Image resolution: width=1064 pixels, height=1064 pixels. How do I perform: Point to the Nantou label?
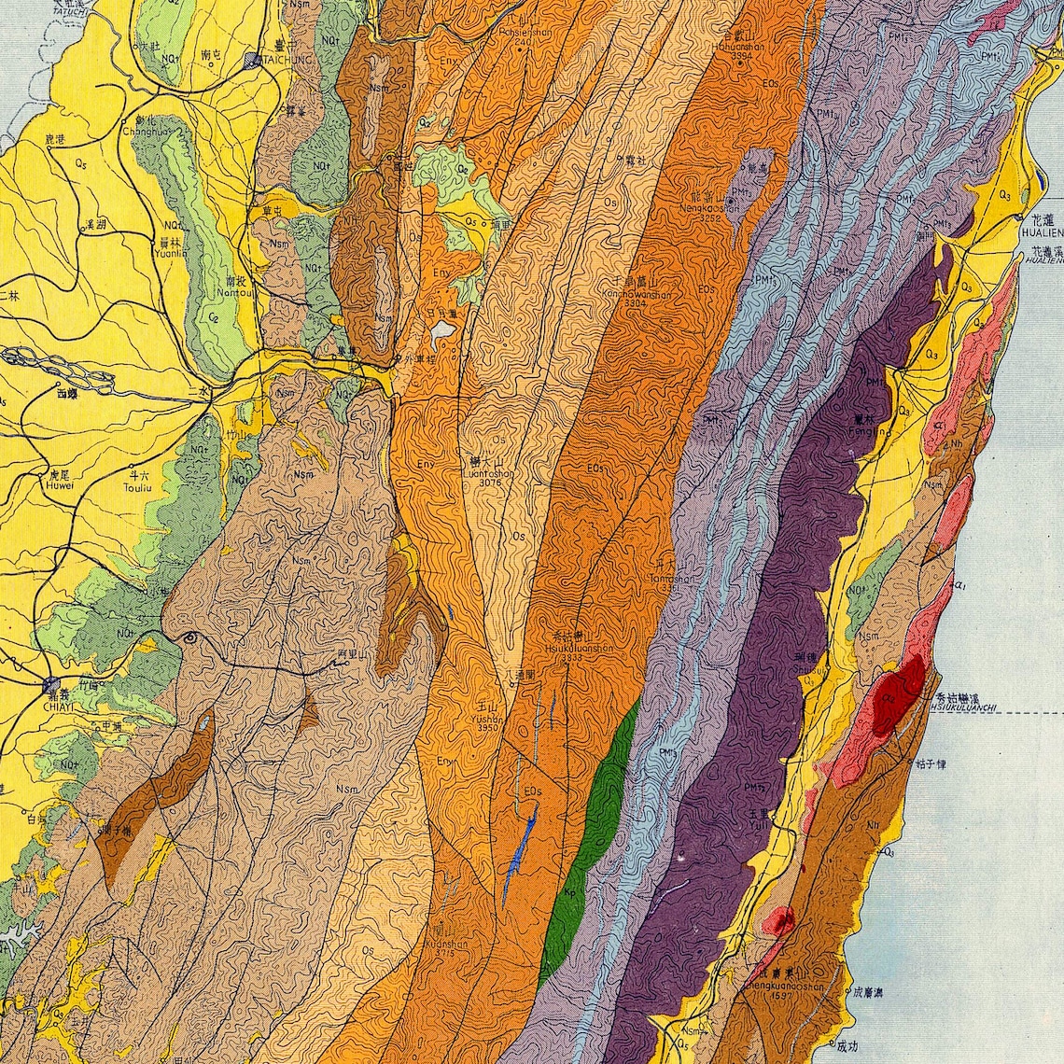tap(229, 291)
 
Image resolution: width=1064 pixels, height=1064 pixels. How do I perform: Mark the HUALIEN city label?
tap(1040, 231)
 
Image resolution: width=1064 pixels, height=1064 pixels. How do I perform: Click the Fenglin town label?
tap(870, 431)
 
